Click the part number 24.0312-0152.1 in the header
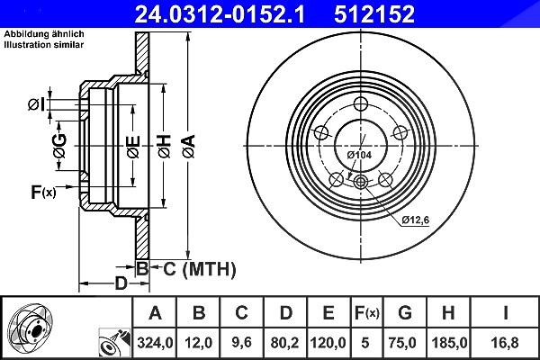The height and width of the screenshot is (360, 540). coord(220,14)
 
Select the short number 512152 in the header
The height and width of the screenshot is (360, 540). coord(374,14)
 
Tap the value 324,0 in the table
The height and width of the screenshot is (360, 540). coord(155,343)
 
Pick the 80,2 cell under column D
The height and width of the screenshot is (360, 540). coord(284,343)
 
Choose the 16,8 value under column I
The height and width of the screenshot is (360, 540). coord(505,343)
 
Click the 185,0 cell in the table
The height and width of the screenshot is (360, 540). coord(449,343)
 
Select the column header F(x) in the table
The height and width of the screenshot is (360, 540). coord(367,313)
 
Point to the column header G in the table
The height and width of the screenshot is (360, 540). coord(405,313)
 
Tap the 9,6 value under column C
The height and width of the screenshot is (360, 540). coord(241,343)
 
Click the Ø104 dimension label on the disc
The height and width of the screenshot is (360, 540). coord(359,155)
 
